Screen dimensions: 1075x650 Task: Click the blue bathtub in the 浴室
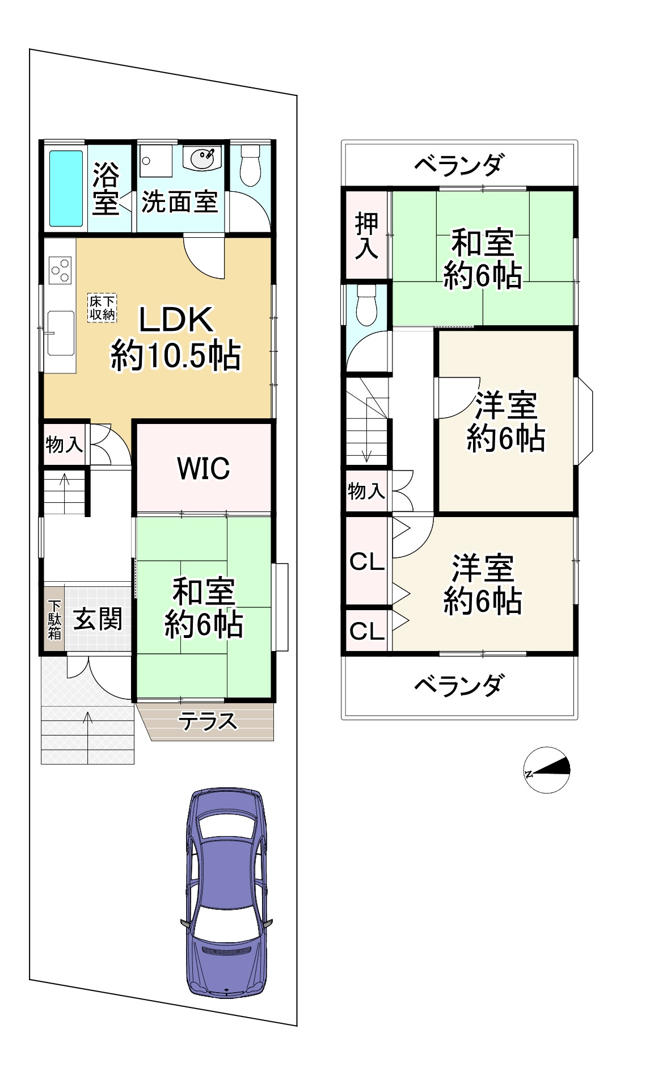[x=66, y=188]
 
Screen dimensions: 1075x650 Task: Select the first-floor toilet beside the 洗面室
[x=250, y=164]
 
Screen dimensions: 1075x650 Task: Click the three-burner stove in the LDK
[x=61, y=270]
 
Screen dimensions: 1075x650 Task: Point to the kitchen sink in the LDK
[x=60, y=333]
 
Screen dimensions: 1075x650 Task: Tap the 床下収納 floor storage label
[x=102, y=308]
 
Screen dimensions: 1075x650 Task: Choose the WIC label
[x=204, y=468]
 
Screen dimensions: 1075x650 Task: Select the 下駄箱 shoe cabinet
[x=54, y=620]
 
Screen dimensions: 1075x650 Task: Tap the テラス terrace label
[x=207, y=721]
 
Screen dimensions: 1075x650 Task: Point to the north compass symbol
[x=546, y=770]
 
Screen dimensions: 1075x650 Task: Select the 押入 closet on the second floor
[x=366, y=235]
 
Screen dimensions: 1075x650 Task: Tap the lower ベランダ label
[x=458, y=686]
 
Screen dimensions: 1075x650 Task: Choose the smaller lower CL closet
[x=366, y=631]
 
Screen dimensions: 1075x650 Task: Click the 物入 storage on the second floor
[x=366, y=491]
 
